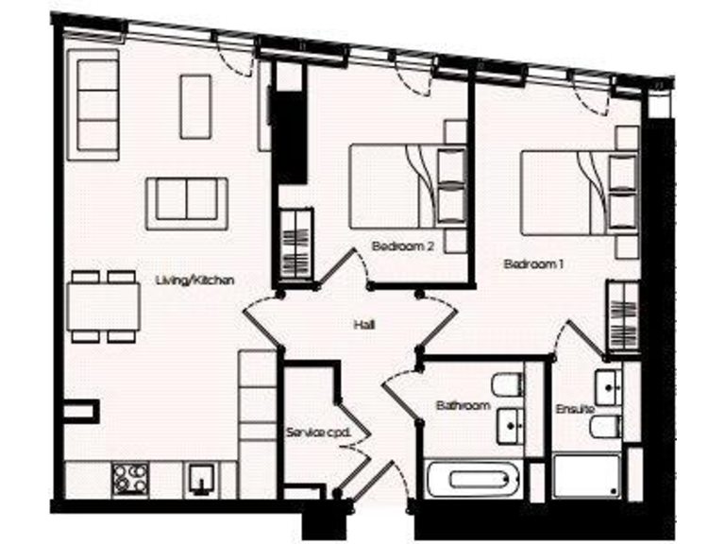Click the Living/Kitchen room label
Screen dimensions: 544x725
pos(194,280)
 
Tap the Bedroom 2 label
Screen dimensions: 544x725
pos(402,246)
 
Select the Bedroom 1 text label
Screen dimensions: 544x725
pos(533,265)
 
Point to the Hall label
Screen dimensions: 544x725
pos(364,324)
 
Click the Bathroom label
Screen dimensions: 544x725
pos(463,406)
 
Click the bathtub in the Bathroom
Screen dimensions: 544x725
pos(474,480)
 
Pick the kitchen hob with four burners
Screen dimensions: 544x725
pos(129,479)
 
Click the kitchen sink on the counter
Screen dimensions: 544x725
pos(201,479)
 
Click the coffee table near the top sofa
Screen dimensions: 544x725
pos(195,107)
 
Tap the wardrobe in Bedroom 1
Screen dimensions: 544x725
pos(624,315)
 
